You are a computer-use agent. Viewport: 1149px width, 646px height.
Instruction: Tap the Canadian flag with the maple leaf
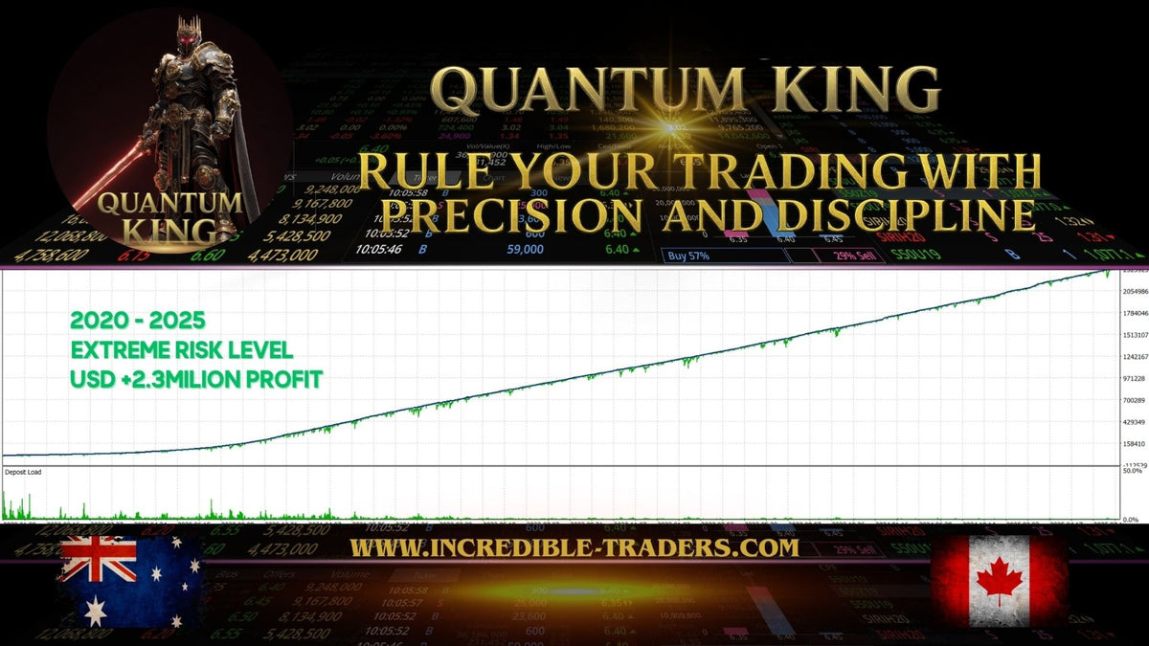[999, 581]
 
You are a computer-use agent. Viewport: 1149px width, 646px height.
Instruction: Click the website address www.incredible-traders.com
[574, 547]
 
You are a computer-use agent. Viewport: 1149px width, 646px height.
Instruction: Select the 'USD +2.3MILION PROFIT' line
[195, 379]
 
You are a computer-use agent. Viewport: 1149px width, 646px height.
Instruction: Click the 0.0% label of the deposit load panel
[1132, 518]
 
